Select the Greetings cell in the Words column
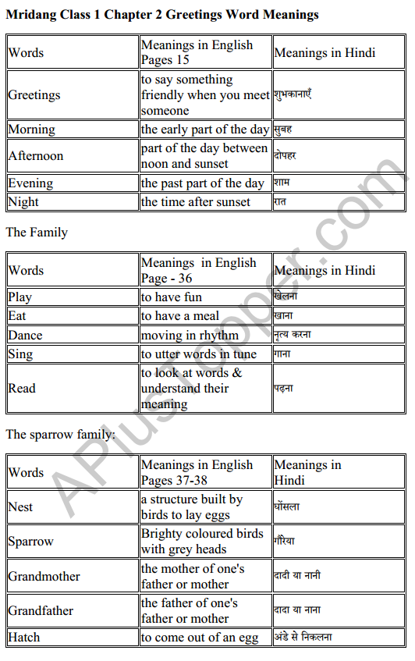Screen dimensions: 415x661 (x=34, y=95)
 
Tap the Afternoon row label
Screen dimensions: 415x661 (x=36, y=156)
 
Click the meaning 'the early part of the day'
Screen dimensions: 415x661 (x=204, y=130)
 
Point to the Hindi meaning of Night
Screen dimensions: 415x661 (x=279, y=202)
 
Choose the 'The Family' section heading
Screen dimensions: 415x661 (x=37, y=233)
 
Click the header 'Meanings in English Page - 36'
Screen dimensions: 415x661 (x=198, y=270)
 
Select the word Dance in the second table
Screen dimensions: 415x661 (x=26, y=336)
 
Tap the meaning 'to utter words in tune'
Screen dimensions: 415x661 (x=198, y=354)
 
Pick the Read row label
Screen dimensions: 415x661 (x=22, y=388)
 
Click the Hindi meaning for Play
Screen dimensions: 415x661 (x=286, y=297)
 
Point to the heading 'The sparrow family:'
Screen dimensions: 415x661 (x=60, y=435)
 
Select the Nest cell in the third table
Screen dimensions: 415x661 (x=21, y=507)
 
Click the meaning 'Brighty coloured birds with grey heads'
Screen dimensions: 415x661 (x=202, y=541)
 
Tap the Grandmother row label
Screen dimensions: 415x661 (x=44, y=577)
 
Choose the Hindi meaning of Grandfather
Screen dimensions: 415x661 (x=297, y=610)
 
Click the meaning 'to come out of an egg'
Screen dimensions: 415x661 (x=200, y=638)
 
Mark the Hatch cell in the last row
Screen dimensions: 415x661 (x=24, y=638)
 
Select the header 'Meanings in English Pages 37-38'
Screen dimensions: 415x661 (x=197, y=472)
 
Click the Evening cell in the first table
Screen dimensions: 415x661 (x=31, y=183)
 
